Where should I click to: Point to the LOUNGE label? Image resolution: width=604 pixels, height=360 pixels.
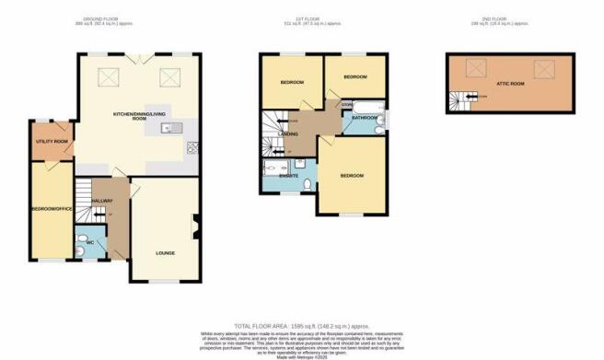[166, 252]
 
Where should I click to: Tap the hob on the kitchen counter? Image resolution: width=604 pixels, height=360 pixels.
[193, 146]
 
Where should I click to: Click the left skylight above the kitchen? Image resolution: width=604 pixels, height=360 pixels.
[107, 78]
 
